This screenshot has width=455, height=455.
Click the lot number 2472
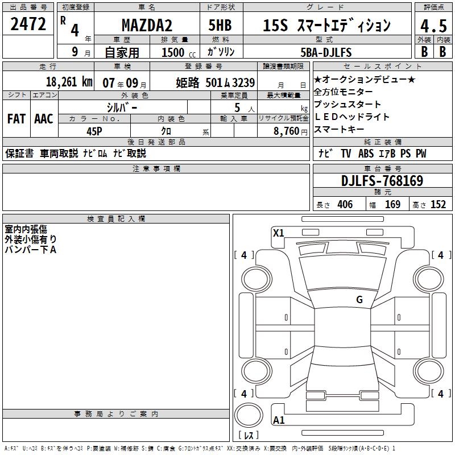(x=28, y=24)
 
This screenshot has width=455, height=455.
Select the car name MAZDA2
(x=147, y=25)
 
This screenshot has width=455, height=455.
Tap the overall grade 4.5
(x=433, y=26)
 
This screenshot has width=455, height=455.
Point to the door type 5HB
(x=220, y=25)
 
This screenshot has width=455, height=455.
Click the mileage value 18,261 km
(x=69, y=82)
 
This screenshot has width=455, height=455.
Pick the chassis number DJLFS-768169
(x=382, y=181)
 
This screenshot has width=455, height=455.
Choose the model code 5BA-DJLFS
(x=326, y=52)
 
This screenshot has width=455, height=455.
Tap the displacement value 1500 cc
(x=179, y=52)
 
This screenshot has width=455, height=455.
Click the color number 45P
(x=94, y=131)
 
